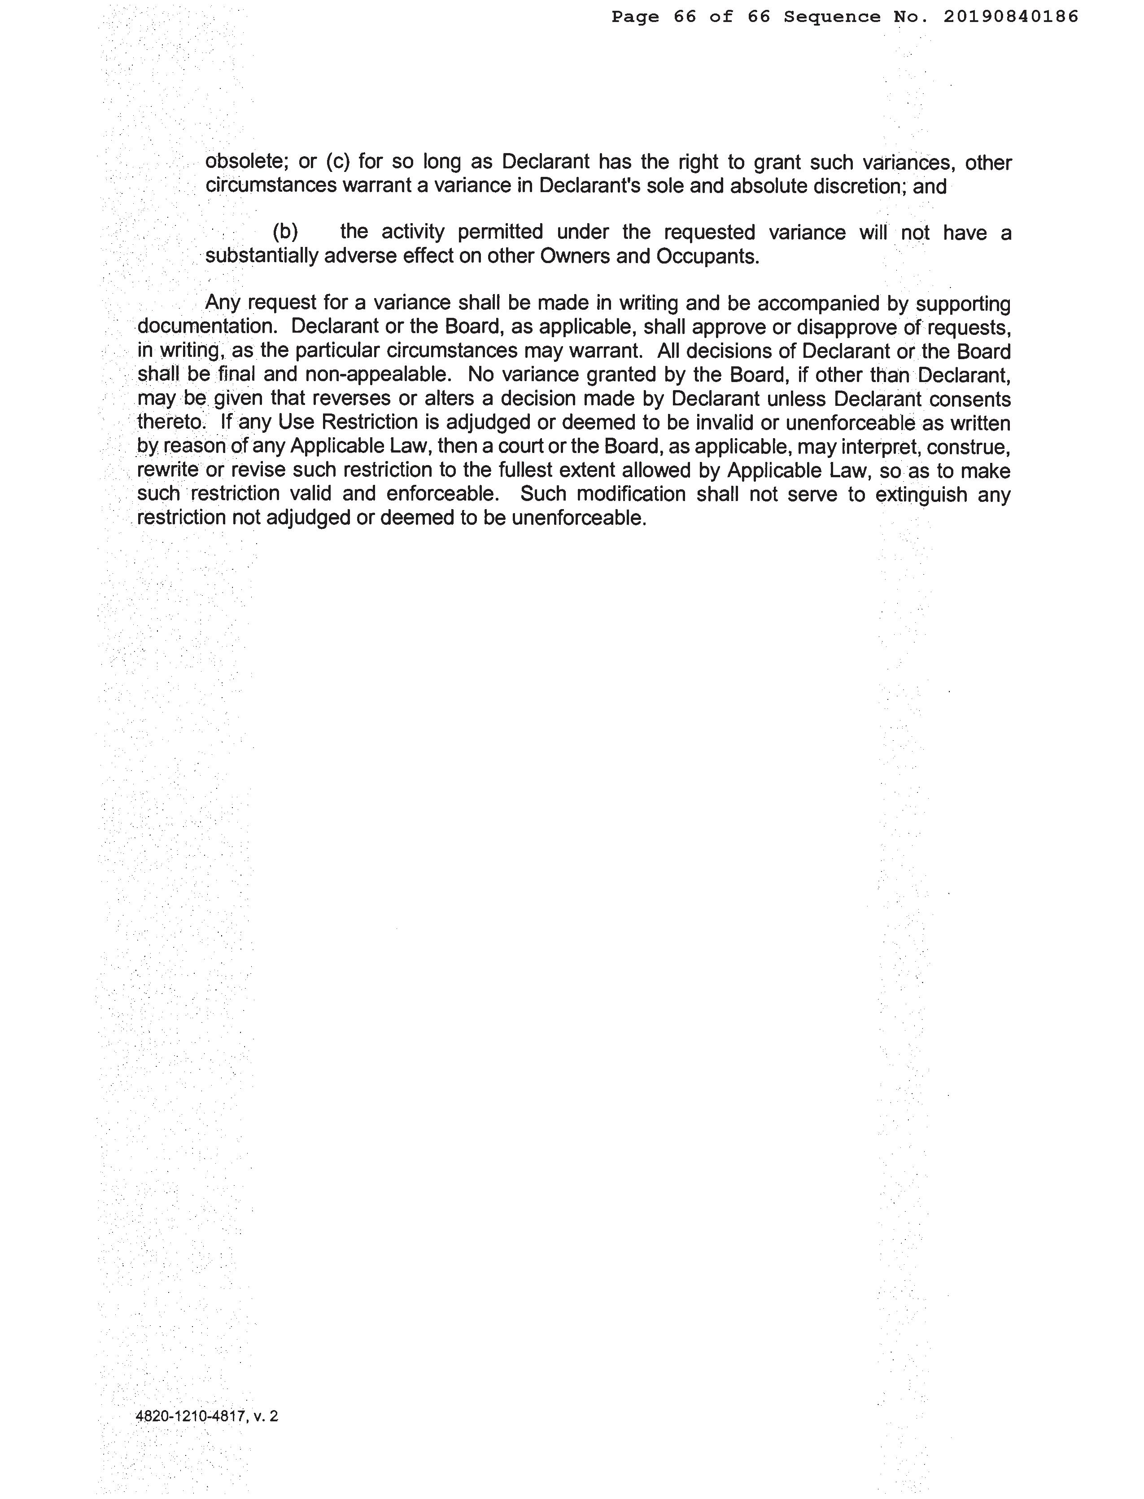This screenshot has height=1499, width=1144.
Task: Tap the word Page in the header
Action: click(635, 17)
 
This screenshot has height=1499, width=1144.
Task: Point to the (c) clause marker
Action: click(338, 162)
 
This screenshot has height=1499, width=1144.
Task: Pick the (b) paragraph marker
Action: click(285, 233)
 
